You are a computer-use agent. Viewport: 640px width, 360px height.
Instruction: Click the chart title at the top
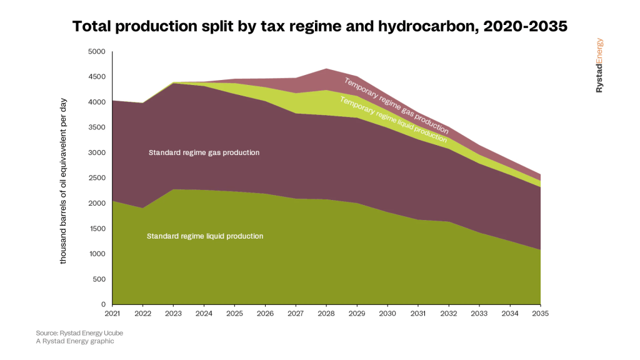click(x=320, y=26)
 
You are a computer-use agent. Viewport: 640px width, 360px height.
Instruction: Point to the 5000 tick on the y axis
click(x=98, y=52)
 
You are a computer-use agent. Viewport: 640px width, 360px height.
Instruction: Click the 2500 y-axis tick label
click(x=98, y=178)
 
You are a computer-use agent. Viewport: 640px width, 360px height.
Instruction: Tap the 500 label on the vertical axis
click(x=100, y=279)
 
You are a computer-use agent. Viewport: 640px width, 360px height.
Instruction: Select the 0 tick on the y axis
click(x=104, y=304)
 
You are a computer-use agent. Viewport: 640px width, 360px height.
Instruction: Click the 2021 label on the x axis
click(x=112, y=314)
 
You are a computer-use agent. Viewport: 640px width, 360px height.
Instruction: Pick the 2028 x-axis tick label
click(x=326, y=314)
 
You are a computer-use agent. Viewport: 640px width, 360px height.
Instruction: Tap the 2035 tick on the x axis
click(x=540, y=314)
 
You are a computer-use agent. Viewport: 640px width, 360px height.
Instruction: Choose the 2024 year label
click(x=204, y=314)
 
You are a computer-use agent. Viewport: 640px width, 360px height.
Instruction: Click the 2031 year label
click(x=418, y=314)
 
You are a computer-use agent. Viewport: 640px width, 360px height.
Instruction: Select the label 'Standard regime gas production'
click(x=204, y=152)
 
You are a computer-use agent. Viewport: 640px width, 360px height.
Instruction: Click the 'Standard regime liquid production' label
click(x=205, y=236)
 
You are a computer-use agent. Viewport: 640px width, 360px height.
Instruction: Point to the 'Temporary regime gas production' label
click(x=396, y=106)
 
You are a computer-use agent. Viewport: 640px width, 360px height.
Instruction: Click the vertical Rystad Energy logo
click(x=599, y=66)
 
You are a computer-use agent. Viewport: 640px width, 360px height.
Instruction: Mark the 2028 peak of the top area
click(x=326, y=69)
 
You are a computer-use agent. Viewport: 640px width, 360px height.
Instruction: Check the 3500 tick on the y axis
click(x=98, y=127)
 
